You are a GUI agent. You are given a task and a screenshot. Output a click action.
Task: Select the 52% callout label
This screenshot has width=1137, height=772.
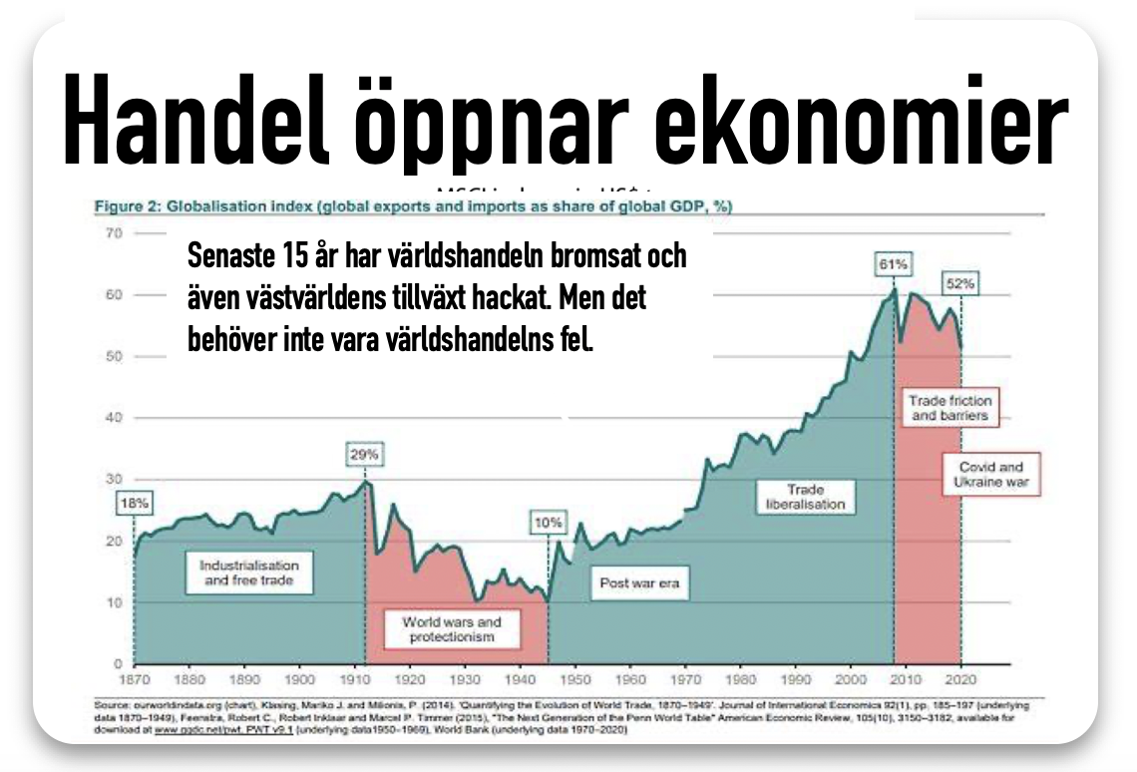pos(960,283)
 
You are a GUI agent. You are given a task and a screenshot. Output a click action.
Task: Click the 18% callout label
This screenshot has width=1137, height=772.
pos(134,504)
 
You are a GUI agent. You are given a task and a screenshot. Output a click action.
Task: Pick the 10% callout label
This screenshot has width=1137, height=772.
pos(547,522)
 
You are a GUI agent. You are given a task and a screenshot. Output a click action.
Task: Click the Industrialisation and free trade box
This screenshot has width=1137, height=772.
pos(248,572)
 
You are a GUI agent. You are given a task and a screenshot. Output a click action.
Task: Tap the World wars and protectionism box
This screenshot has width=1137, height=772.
pos(452,629)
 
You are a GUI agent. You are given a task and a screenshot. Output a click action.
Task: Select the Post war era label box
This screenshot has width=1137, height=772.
pos(638,582)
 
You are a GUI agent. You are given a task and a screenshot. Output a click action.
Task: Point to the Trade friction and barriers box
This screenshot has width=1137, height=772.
pos(949,408)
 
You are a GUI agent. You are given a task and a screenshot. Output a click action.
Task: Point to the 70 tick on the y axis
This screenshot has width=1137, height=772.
pos(113,233)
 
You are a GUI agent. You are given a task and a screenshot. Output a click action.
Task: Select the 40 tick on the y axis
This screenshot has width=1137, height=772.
pos(113,418)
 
